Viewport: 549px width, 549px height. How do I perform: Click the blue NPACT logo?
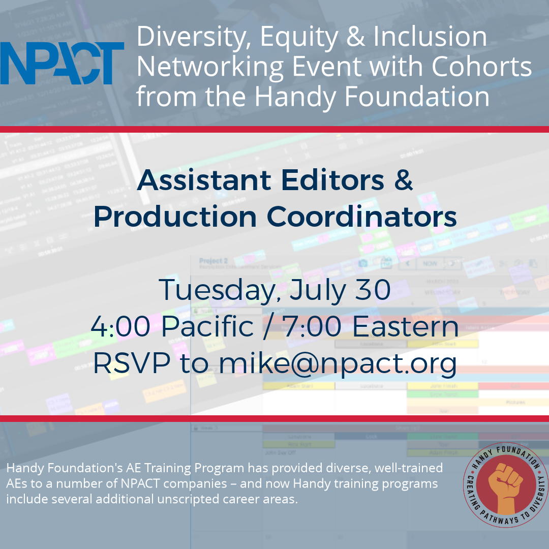pyautogui.click(x=62, y=63)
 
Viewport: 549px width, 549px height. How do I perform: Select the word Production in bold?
pyautogui.click(x=175, y=217)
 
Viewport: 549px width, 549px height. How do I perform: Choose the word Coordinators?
pyautogui.click(x=361, y=217)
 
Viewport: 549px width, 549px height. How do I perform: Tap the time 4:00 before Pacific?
pyautogui.click(x=120, y=327)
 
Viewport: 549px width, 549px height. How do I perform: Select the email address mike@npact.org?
pyautogui.click(x=338, y=364)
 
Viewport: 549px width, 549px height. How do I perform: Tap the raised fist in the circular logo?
pyautogui.click(x=506, y=485)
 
